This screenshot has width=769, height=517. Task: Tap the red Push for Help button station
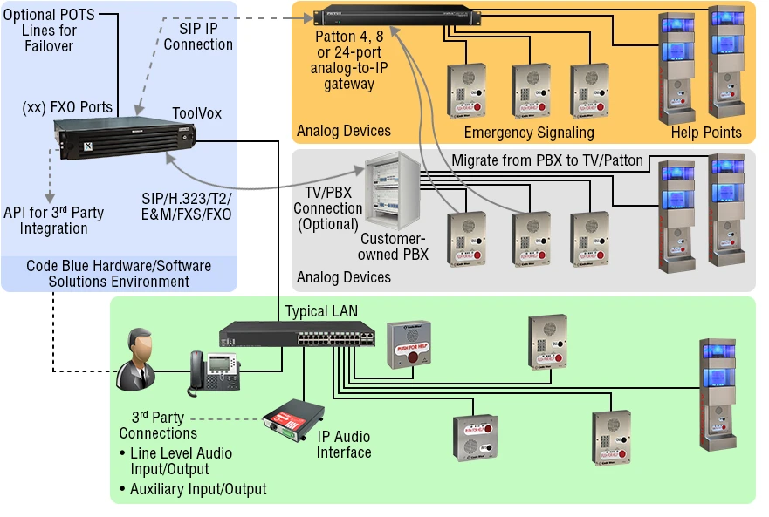tap(409, 344)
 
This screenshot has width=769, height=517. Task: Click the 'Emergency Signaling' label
tap(529, 133)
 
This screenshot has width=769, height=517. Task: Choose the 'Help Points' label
tap(706, 133)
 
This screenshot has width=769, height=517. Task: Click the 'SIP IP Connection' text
tap(198, 36)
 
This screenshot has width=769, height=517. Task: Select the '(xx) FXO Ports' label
tap(67, 107)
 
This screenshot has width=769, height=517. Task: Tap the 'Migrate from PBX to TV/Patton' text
tap(547, 160)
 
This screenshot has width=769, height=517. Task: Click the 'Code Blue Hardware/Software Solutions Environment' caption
tap(119, 274)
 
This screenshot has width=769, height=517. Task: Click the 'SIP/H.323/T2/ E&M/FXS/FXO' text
tap(187, 206)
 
